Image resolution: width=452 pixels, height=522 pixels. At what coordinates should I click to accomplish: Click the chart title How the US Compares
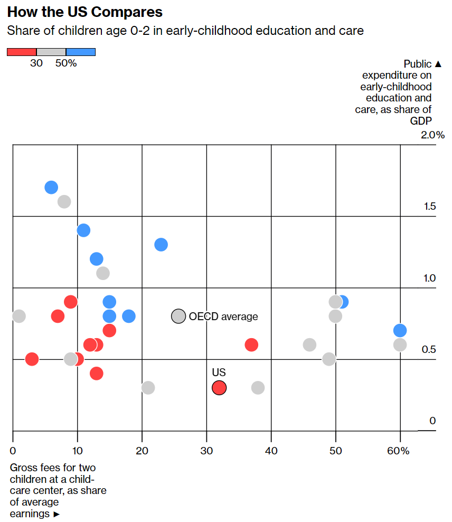pyautogui.click(x=85, y=12)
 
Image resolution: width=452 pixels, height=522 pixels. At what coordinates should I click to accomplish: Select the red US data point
pyautogui.click(x=219, y=388)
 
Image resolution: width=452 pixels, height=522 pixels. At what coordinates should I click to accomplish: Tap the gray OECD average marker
pyautogui.click(x=178, y=316)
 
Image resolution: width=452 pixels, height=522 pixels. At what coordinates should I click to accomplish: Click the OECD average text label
pyautogui.click(x=224, y=317)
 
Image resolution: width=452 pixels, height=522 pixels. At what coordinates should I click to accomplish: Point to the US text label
pyautogui.click(x=219, y=373)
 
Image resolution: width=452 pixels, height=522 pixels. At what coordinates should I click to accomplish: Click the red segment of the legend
pyautogui.click(x=22, y=52)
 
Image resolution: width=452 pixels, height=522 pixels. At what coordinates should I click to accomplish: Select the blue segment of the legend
pyautogui.click(x=81, y=52)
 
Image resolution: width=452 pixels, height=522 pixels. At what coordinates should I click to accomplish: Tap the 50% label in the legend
pyautogui.click(x=66, y=63)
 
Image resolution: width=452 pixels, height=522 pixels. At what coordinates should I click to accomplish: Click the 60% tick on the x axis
pyautogui.click(x=398, y=451)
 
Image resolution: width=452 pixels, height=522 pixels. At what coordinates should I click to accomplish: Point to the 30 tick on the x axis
pyautogui.click(x=206, y=451)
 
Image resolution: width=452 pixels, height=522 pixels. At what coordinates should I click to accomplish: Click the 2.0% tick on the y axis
pyautogui.click(x=433, y=135)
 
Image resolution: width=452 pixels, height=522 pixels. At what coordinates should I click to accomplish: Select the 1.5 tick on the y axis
pyautogui.click(x=430, y=207)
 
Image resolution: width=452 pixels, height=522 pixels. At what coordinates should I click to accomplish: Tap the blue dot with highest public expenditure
pyautogui.click(x=51, y=187)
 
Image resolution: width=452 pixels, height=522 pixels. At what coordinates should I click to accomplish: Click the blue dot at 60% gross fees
pyautogui.click(x=400, y=331)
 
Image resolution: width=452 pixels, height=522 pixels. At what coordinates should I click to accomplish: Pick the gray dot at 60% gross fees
pyautogui.click(x=400, y=345)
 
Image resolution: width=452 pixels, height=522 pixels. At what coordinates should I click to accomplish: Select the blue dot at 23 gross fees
pyautogui.click(x=161, y=245)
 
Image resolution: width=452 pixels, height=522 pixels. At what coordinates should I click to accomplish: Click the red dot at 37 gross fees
pyautogui.click(x=251, y=345)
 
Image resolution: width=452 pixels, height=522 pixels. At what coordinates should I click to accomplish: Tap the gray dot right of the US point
pyautogui.click(x=258, y=388)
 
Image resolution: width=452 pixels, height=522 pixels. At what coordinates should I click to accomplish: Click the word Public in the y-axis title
pyautogui.click(x=418, y=64)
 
